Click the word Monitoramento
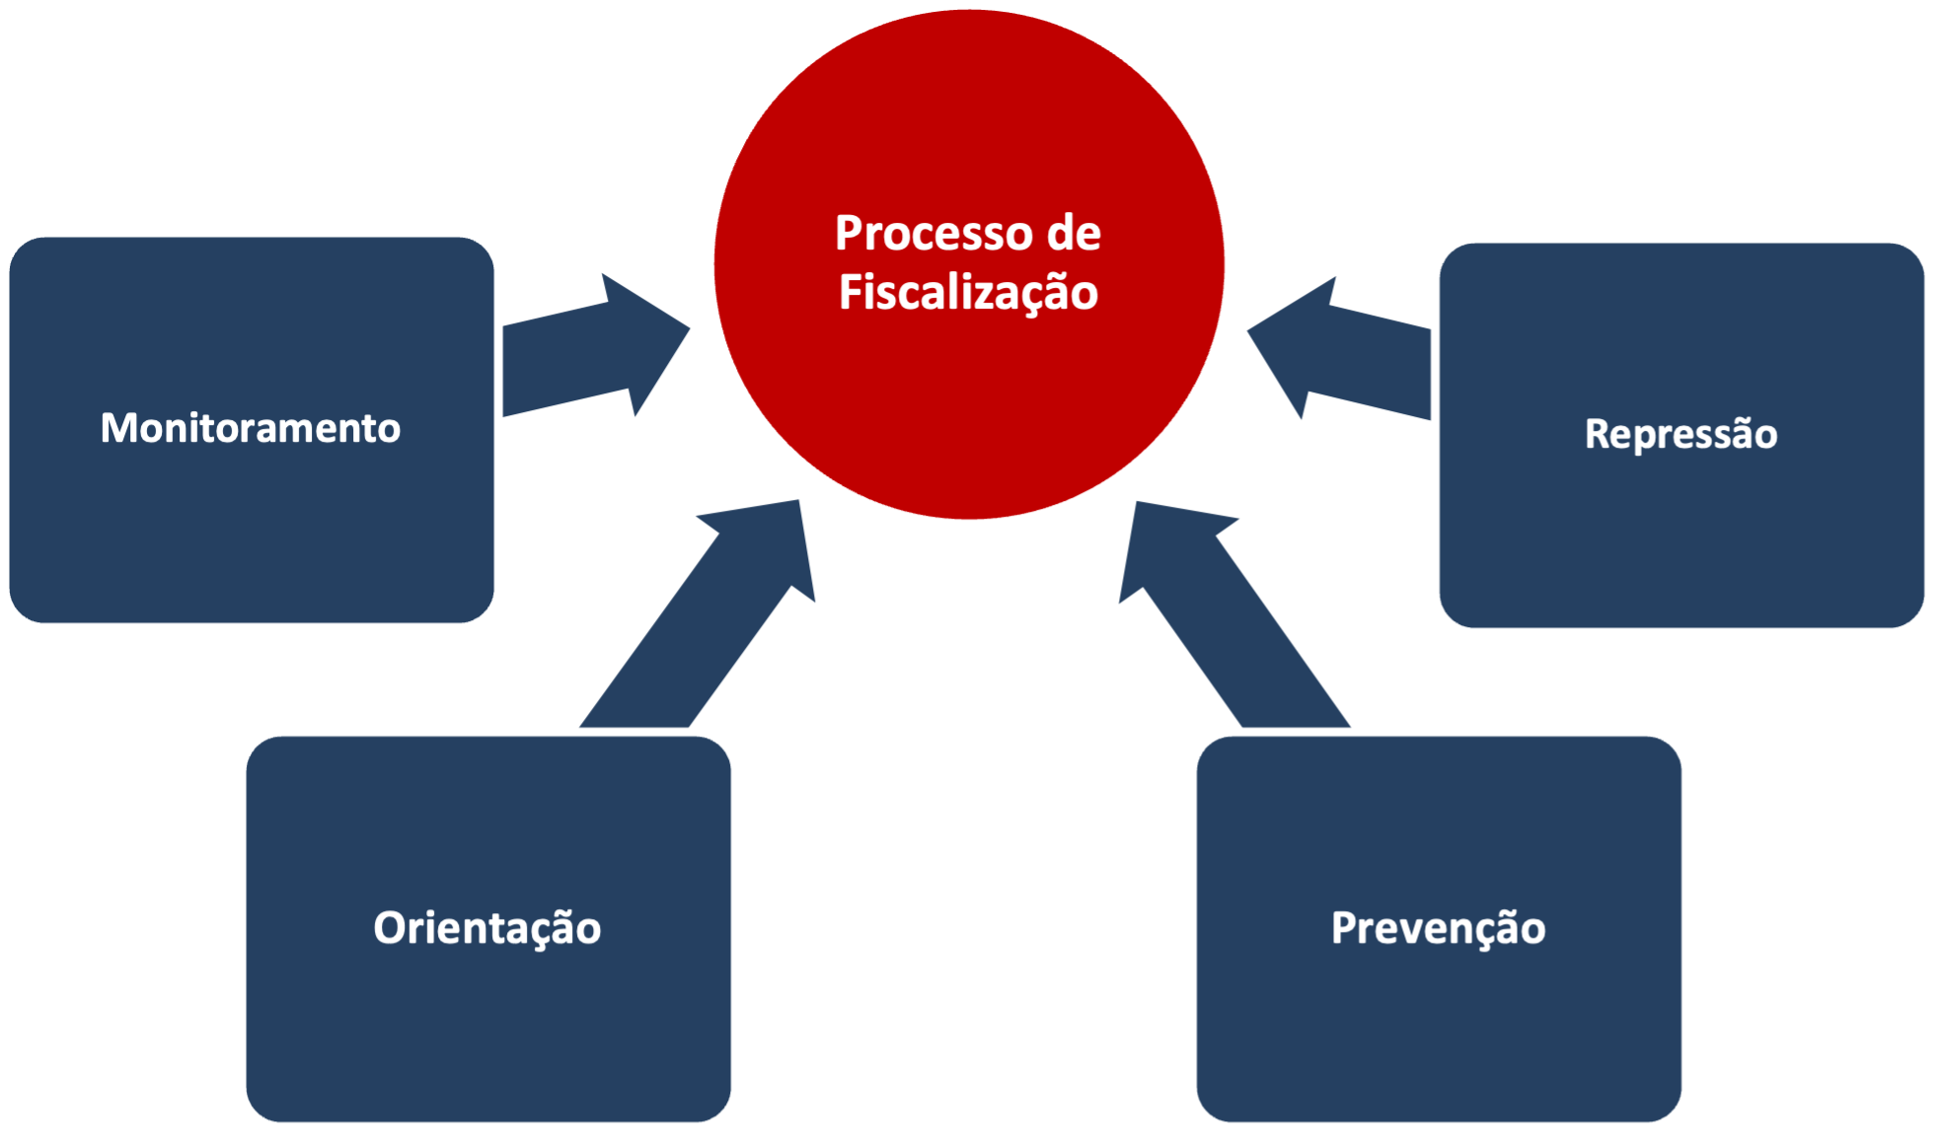click(251, 428)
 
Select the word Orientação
click(486, 928)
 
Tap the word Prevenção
click(1438, 928)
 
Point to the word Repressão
click(1680, 434)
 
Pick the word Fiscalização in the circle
click(968, 293)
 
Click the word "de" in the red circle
click(1074, 234)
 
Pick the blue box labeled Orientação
click(488, 1026)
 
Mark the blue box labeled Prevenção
click(1439, 1026)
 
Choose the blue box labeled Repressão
click(1681, 533)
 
